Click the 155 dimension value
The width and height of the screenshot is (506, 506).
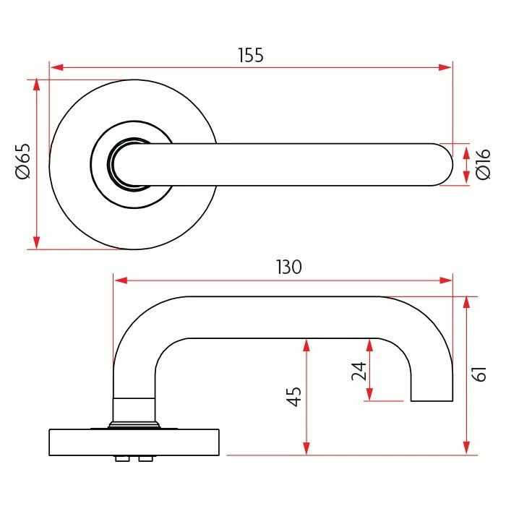point(251,55)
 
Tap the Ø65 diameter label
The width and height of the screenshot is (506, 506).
point(22,161)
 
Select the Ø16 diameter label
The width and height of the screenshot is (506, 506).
point(484,164)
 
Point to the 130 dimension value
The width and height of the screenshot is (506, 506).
point(288,267)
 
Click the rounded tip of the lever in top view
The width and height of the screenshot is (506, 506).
point(442,165)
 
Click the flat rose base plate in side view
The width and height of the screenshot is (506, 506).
point(134,442)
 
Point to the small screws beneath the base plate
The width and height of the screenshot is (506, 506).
point(133,459)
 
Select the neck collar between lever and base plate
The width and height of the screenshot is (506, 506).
point(134,409)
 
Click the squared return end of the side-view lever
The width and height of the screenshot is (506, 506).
point(432,390)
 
